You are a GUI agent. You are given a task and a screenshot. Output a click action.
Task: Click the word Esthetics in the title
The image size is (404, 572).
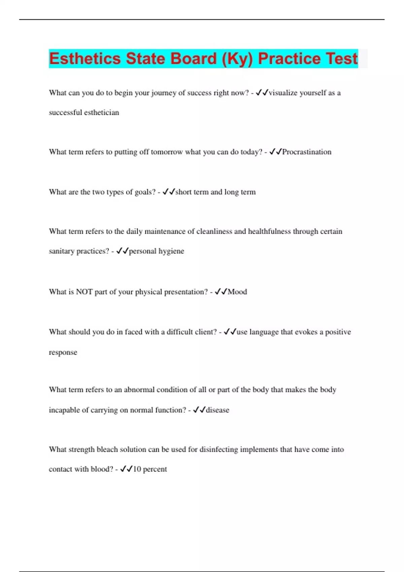(x=85, y=59)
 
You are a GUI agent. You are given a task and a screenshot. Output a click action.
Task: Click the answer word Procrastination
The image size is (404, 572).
(x=307, y=152)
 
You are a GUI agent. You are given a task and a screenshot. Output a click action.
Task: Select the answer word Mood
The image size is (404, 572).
(x=237, y=292)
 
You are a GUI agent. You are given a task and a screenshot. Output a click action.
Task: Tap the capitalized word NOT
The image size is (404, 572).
(x=84, y=292)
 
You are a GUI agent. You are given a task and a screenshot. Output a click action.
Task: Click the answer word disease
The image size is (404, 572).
(x=217, y=410)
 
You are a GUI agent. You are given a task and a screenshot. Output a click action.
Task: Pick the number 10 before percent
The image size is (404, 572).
(x=137, y=469)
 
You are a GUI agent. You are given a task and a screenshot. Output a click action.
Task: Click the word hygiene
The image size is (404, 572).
(x=171, y=251)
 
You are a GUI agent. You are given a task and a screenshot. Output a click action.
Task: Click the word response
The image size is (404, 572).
(x=63, y=353)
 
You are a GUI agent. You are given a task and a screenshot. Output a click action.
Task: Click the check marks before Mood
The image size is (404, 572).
(x=221, y=292)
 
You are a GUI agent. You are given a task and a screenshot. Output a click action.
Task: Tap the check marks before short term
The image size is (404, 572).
(x=169, y=192)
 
